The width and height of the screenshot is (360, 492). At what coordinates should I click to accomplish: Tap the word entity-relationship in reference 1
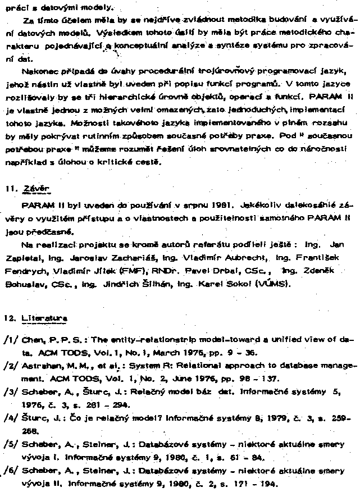coord(147,340)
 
